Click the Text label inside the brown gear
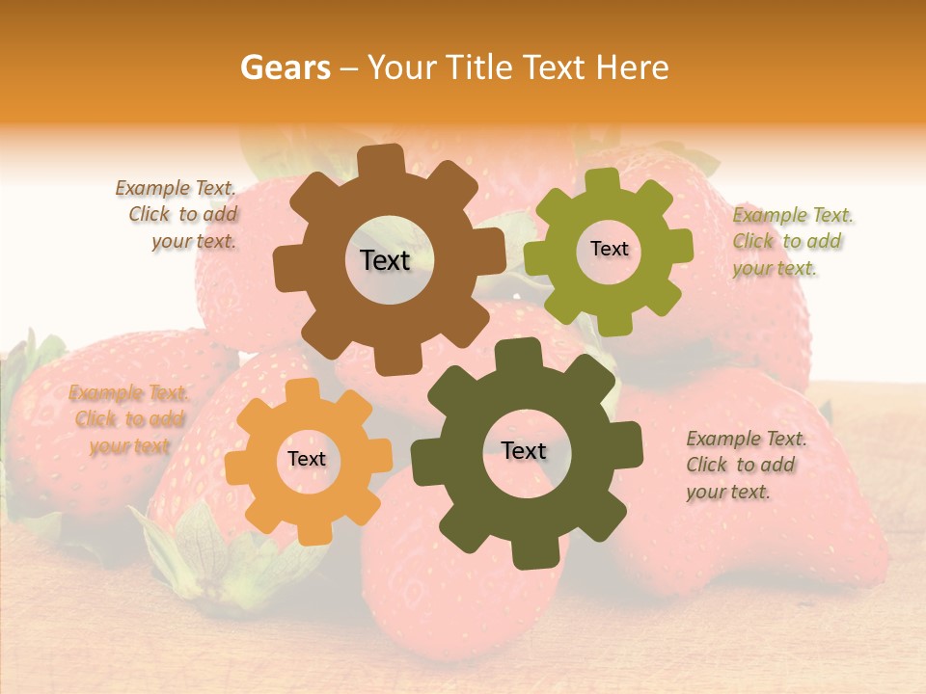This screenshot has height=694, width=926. tap(385, 260)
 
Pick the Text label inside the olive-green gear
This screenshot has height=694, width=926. tap(609, 249)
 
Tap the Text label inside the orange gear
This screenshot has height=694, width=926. tap(307, 460)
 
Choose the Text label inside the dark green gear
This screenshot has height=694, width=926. tap(524, 451)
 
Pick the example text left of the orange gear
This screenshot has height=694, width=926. tap(128, 419)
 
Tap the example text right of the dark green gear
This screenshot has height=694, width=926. tap(745, 466)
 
